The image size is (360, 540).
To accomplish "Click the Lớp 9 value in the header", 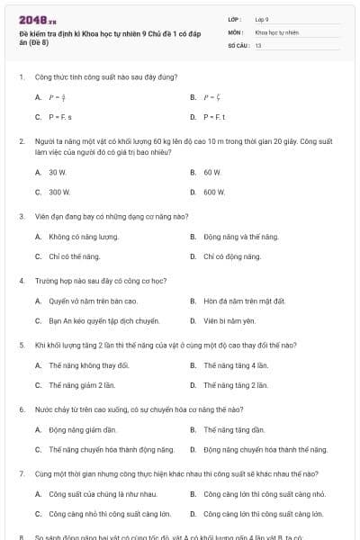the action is (262, 19).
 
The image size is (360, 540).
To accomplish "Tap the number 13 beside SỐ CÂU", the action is (258, 44).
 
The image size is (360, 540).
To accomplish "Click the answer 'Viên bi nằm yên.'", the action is (229, 320).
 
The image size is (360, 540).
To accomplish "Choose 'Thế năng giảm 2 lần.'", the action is (82, 385).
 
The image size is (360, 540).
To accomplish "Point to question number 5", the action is (22, 345).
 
